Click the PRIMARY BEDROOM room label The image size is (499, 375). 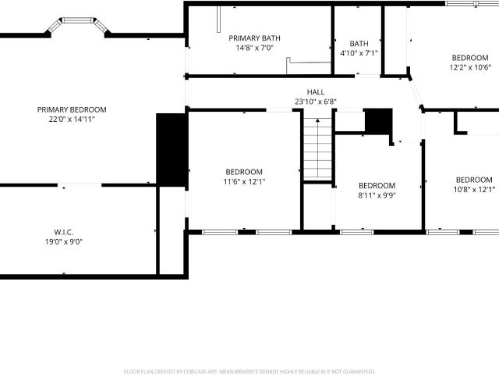pyautogui.click(x=72, y=109)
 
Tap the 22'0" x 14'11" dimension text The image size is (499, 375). pyautogui.click(x=72, y=120)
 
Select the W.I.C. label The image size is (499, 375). pyautogui.click(x=64, y=232)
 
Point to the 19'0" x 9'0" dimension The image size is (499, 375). pyautogui.click(x=64, y=241)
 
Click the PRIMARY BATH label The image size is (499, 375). pyautogui.click(x=255, y=38)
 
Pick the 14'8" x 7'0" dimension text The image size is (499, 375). pyautogui.click(x=255, y=48)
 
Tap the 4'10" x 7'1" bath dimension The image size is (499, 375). pyautogui.click(x=359, y=53)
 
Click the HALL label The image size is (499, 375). pyautogui.click(x=316, y=92)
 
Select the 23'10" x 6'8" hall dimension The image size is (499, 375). pyautogui.click(x=316, y=102)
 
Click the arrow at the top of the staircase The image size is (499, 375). pyautogui.click(x=317, y=120)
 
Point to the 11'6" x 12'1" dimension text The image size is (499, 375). pyautogui.click(x=244, y=182)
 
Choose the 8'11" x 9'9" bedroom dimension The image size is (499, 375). pyautogui.click(x=377, y=195)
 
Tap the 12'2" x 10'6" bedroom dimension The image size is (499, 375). pyautogui.click(x=470, y=67)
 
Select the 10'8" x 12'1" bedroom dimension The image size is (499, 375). pyautogui.click(x=474, y=189)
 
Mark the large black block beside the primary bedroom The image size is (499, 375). pyautogui.click(x=172, y=150)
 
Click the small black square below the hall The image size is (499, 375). pyautogui.click(x=378, y=120)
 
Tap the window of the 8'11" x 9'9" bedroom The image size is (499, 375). pyautogui.click(x=357, y=232)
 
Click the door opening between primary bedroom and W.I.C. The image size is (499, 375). pyautogui.click(x=80, y=185)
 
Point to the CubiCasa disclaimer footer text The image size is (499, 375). pyautogui.click(x=249, y=372)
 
